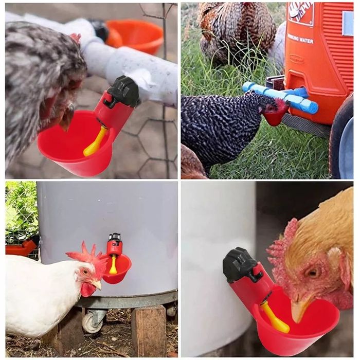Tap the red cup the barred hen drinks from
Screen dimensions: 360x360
(x=275, y=118)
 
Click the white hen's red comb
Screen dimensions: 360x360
(x=85, y=255)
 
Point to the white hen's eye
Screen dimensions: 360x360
(x=85, y=271)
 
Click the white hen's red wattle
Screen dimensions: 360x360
(x=87, y=290)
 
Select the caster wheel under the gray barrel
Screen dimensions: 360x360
(x=93, y=322)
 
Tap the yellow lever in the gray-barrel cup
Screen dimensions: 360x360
(x=113, y=265)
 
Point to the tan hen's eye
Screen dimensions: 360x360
(x=312, y=273)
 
